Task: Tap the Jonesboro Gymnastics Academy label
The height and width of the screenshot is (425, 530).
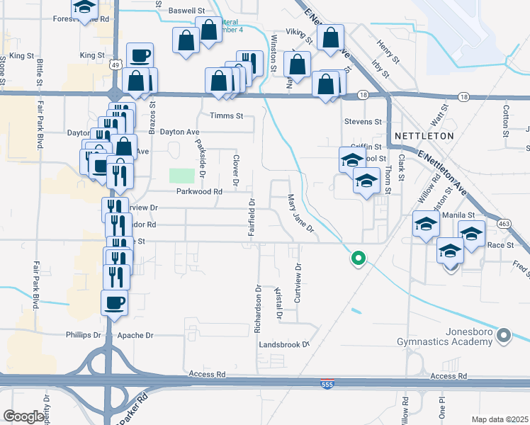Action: tap(468, 337)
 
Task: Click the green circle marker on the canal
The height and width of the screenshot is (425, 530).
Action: tap(359, 259)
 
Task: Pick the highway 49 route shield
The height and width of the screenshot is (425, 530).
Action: tap(114, 64)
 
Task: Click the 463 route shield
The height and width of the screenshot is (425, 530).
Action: tap(504, 223)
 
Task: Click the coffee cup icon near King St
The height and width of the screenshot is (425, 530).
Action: tap(140, 55)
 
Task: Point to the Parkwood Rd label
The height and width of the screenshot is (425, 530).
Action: tap(200, 191)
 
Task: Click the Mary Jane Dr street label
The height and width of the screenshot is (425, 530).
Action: tap(300, 213)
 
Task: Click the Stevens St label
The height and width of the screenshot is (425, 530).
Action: tap(363, 122)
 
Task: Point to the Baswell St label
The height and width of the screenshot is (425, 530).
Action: tap(186, 11)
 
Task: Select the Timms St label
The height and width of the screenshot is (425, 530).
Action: tap(227, 115)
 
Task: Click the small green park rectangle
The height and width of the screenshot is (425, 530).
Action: tap(182, 175)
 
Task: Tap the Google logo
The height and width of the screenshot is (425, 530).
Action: tap(23, 416)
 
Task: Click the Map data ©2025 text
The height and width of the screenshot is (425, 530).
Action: tap(500, 419)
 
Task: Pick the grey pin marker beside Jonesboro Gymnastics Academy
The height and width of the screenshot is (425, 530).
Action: tap(504, 334)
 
